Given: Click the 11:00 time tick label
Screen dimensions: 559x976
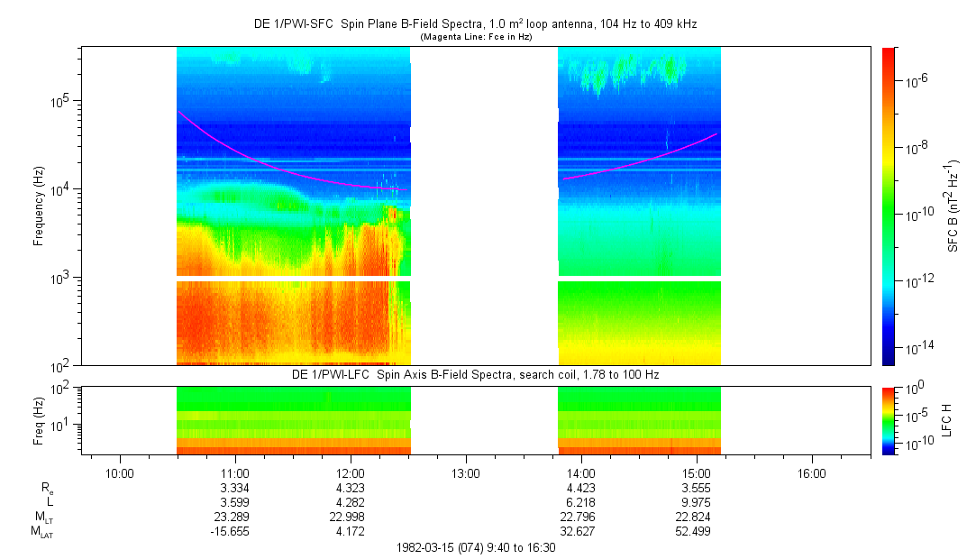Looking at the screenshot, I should click(235, 472).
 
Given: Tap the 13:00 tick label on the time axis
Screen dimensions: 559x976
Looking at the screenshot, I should click(466, 472).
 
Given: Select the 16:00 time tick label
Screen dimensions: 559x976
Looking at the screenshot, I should click(812, 472).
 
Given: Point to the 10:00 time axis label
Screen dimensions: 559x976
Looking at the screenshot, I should click(120, 472).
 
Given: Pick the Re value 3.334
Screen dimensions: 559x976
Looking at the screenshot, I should click(235, 488).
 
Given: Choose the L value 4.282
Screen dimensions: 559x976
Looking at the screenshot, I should click(351, 501).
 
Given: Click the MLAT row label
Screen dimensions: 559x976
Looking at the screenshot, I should click(42, 532).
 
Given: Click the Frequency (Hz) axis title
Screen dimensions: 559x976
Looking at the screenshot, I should click(39, 207).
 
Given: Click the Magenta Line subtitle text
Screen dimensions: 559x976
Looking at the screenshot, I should click(476, 37).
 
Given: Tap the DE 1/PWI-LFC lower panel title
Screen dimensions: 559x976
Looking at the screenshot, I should click(477, 374).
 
